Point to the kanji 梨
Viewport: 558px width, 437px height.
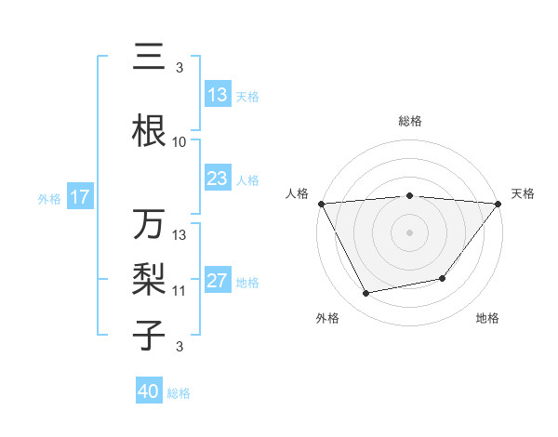[x=149, y=279]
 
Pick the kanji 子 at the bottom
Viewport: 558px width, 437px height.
[x=149, y=334]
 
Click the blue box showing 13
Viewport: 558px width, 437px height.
[x=218, y=95]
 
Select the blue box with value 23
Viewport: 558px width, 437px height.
[x=218, y=179]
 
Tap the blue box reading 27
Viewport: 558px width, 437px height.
[x=218, y=282]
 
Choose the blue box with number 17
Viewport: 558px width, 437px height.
[x=79, y=197]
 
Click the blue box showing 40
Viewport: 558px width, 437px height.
[x=148, y=391]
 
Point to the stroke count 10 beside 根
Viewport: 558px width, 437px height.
[x=179, y=142]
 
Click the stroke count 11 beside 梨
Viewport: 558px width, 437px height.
[x=179, y=291]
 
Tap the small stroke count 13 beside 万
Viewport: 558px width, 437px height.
[x=179, y=235]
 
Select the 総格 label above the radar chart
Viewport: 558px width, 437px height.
[x=410, y=121]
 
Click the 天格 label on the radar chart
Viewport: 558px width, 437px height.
[x=524, y=193]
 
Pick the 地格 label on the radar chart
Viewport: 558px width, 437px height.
[x=487, y=319]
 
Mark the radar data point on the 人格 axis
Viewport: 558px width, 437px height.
[x=321, y=203]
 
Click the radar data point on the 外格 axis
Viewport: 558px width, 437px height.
[x=366, y=294]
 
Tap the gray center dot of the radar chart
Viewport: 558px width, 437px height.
[x=410, y=232]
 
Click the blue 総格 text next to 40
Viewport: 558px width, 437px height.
[x=179, y=393]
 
